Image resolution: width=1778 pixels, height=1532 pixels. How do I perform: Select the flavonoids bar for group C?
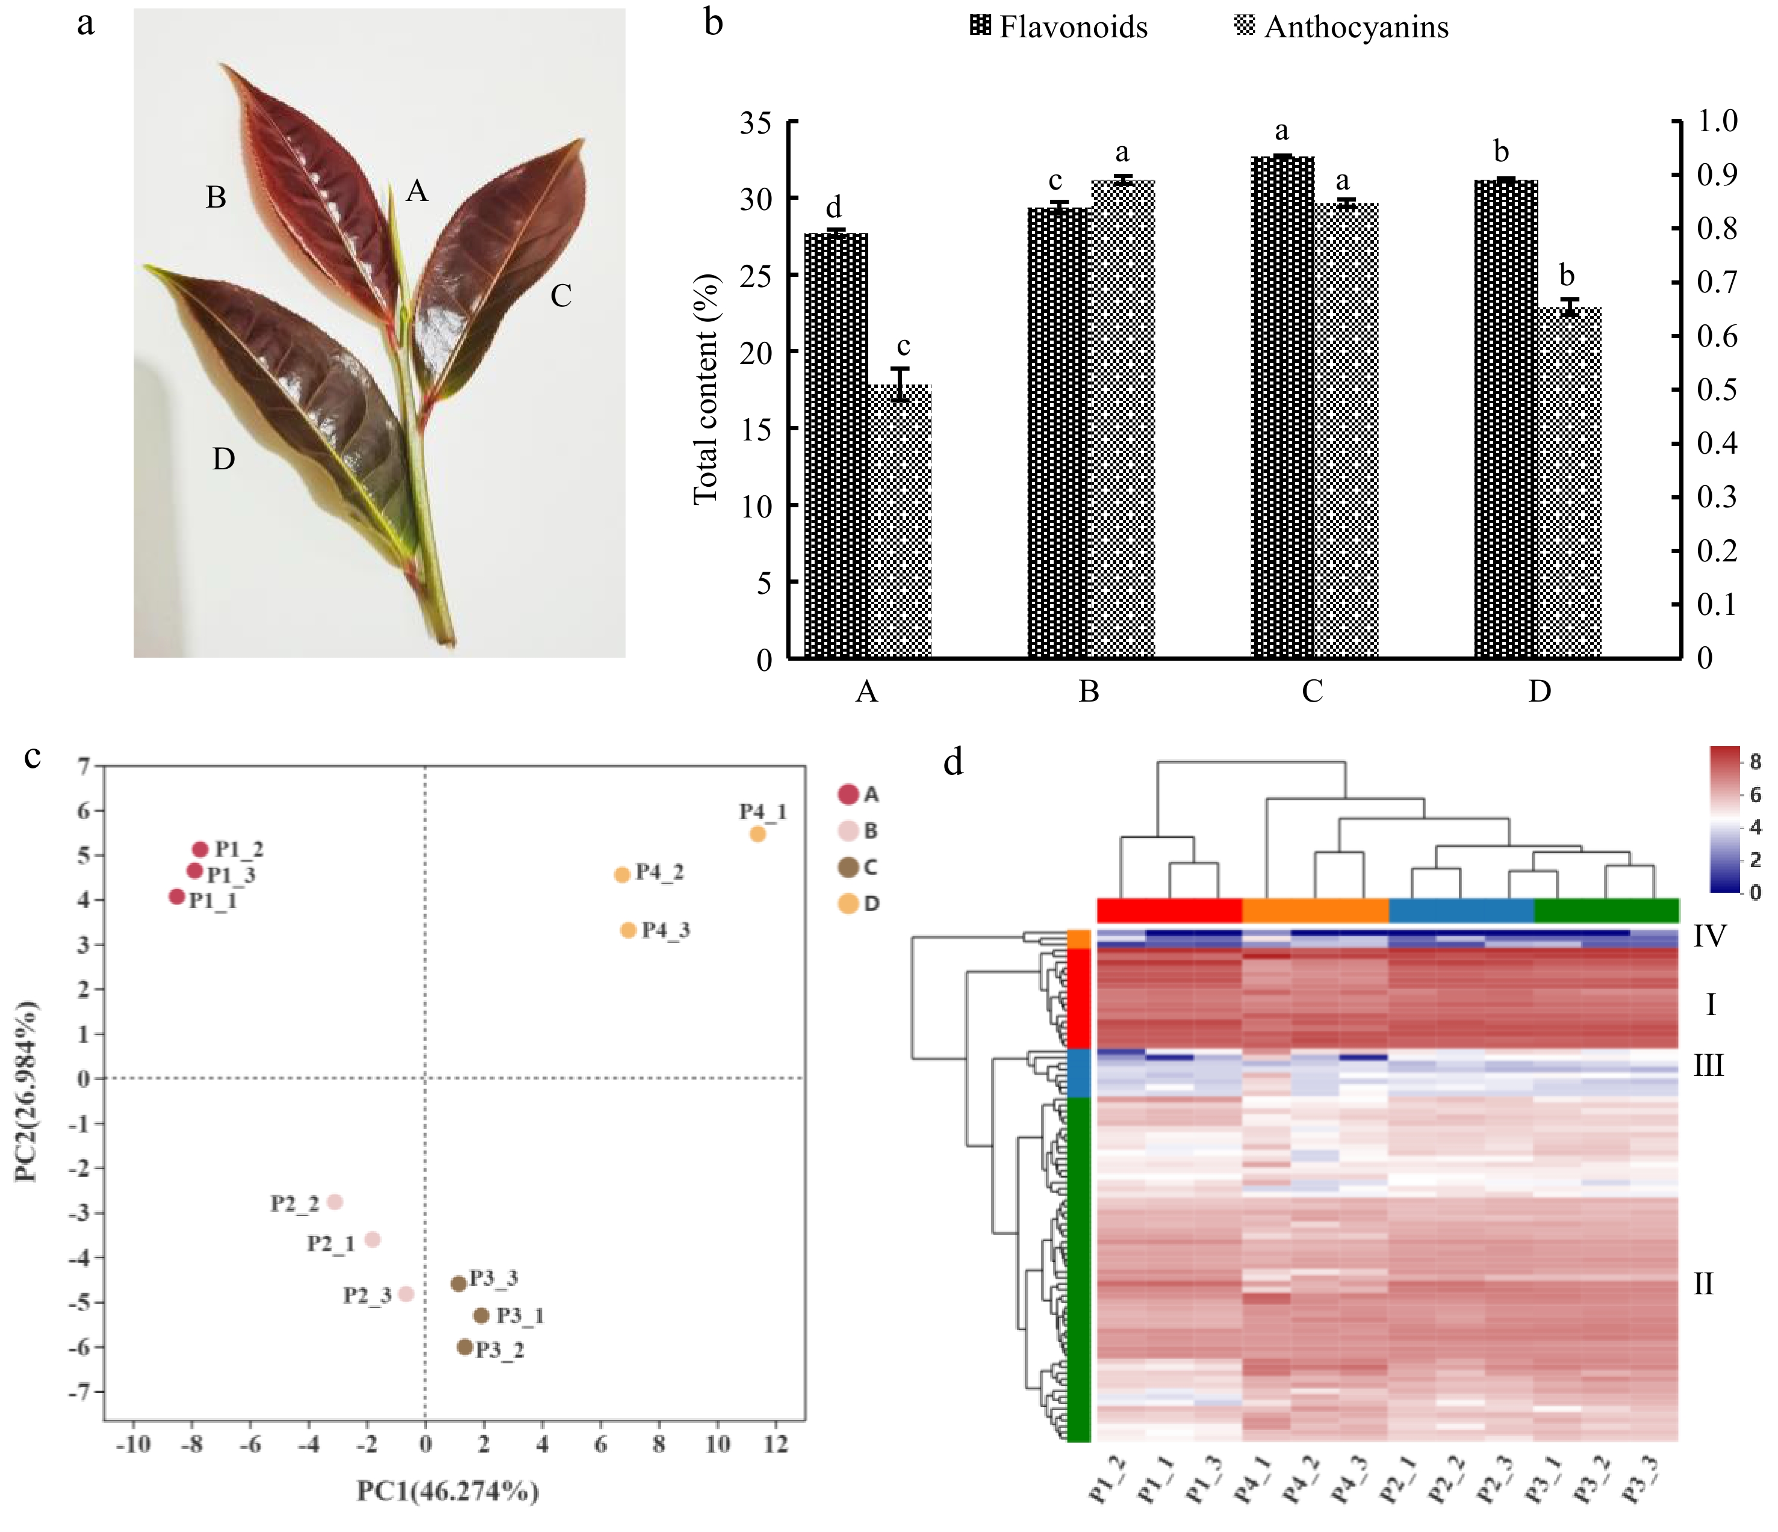coord(1282,407)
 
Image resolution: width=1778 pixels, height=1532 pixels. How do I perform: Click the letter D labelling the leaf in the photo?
coord(223,460)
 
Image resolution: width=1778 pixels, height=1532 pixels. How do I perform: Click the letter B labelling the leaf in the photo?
coord(216,198)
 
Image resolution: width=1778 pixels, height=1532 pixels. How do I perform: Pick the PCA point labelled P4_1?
coord(757,834)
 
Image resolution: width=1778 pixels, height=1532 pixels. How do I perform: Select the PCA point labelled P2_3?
coord(406,1294)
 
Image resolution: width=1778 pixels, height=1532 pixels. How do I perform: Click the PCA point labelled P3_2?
coord(464,1347)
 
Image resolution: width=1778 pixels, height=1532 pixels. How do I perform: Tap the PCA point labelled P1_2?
coord(200,849)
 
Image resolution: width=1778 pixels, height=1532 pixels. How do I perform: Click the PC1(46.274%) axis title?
coord(448,1492)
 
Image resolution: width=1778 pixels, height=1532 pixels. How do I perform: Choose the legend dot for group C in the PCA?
coord(848,867)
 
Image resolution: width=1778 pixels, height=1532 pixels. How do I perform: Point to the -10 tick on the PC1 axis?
coord(133,1445)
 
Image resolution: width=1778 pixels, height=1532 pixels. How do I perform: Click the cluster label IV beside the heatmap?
coord(1709,936)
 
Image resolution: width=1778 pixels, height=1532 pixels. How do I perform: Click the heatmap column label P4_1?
coord(1254,1479)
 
